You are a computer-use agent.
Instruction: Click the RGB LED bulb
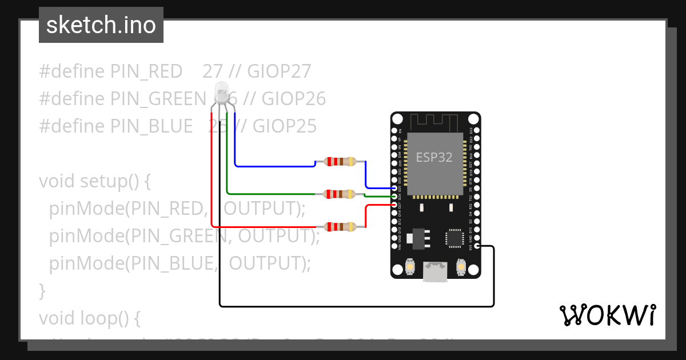(x=221, y=91)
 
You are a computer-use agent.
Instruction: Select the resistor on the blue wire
(x=340, y=162)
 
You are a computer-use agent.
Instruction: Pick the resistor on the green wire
(x=340, y=194)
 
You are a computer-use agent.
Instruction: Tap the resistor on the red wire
(x=340, y=227)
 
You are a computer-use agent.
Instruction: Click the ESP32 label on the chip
(x=434, y=158)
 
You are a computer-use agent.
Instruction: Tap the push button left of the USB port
(x=410, y=266)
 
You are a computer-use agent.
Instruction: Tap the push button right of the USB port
(x=461, y=266)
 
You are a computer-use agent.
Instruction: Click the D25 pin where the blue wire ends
(x=394, y=188)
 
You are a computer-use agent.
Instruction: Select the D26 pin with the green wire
(x=394, y=196)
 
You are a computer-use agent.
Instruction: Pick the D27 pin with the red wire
(x=394, y=205)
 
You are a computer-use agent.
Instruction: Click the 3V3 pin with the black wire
(x=477, y=246)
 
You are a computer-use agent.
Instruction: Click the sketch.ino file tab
(x=101, y=25)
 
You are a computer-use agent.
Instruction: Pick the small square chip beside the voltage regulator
(x=455, y=239)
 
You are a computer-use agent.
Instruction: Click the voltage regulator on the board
(x=417, y=238)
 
